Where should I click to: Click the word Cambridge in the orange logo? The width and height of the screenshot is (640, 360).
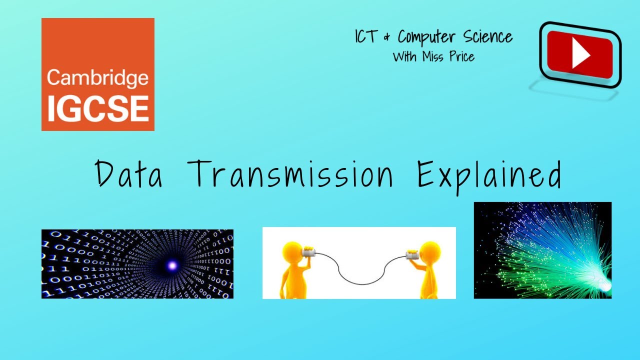click(97, 78)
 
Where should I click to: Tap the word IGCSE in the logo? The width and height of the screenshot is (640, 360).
click(97, 107)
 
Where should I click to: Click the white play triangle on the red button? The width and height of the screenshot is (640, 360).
click(580, 54)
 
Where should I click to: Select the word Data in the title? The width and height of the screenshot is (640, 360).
click(129, 173)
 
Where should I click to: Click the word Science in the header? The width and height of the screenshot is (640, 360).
click(489, 37)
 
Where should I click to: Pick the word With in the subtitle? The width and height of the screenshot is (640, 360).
click(404, 57)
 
